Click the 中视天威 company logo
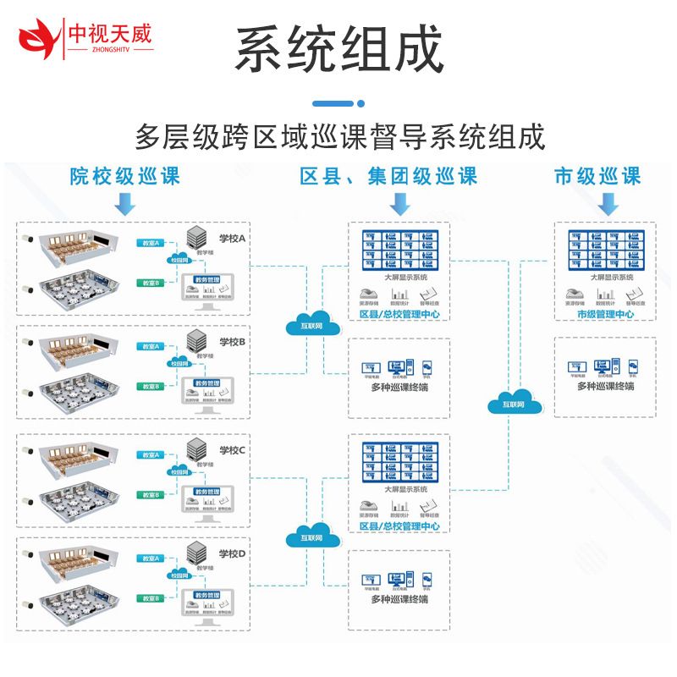pyautogui.click(x=85, y=35)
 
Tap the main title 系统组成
pyautogui.click(x=338, y=49)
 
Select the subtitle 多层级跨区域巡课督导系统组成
pyautogui.click(x=339, y=136)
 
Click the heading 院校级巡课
pyautogui.click(x=125, y=176)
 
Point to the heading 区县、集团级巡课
pyautogui.click(x=388, y=176)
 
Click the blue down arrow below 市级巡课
pyautogui.click(x=606, y=203)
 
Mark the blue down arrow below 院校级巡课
pyautogui.click(x=125, y=203)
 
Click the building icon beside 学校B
pyautogui.click(x=196, y=339)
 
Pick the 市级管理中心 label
pyautogui.click(x=605, y=315)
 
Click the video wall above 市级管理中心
pyautogui.click(x=605, y=249)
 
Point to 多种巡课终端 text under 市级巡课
pyautogui.click(x=605, y=387)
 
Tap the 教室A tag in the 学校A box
pyautogui.click(x=151, y=243)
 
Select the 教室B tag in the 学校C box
pyautogui.click(x=151, y=494)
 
